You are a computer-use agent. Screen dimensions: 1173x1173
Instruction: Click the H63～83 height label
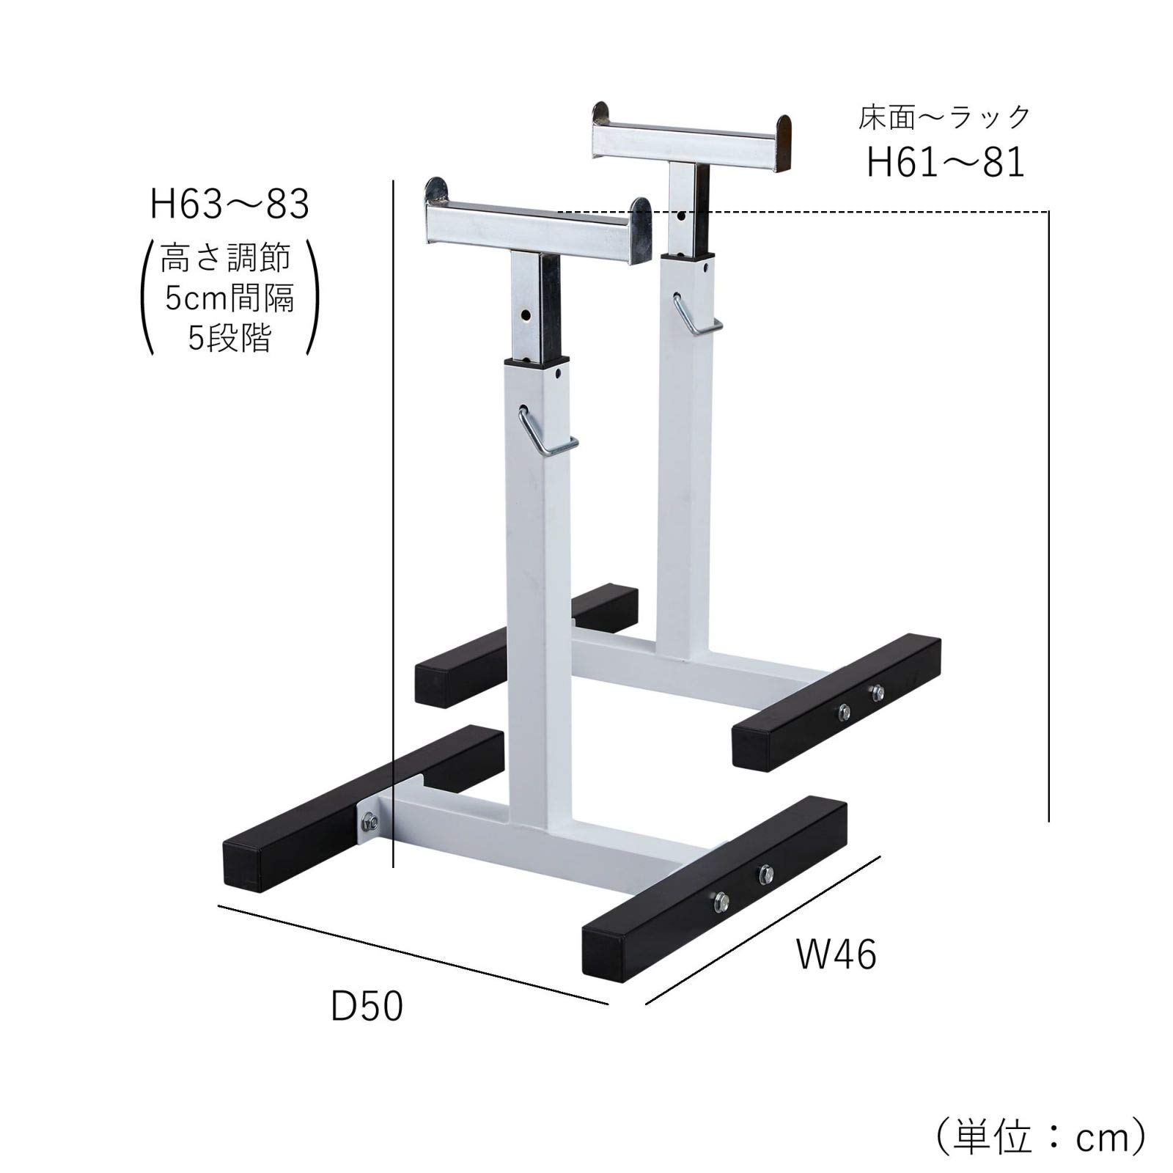click(229, 205)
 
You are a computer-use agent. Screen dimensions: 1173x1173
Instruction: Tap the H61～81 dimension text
click(945, 162)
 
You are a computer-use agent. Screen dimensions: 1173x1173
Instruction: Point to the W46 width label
click(836, 955)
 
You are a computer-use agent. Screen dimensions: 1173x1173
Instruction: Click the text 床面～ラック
click(945, 117)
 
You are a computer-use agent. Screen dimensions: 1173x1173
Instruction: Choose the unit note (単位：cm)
click(1040, 1137)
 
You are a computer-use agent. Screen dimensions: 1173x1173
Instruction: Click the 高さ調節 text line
click(226, 258)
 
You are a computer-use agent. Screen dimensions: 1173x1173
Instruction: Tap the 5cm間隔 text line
click(229, 298)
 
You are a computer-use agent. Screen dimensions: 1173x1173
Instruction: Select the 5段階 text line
click(229, 338)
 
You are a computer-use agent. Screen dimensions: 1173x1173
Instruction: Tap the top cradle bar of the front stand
click(535, 223)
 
